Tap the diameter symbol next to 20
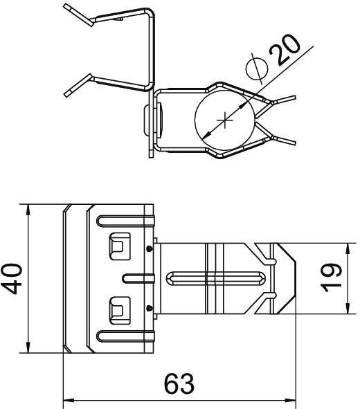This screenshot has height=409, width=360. [x=257, y=69]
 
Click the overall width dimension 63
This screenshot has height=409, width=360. [x=179, y=383]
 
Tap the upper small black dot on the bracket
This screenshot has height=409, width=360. [x=149, y=248]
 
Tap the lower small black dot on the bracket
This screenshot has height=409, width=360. [x=149, y=307]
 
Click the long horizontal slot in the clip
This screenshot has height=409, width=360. [x=215, y=278]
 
